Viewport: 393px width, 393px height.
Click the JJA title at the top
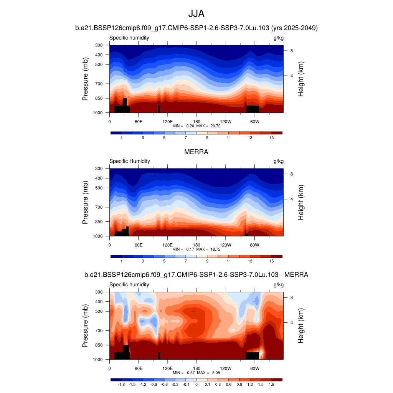[x=196, y=14]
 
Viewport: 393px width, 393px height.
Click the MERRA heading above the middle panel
[x=196, y=152]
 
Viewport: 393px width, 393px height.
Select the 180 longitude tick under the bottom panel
[x=196, y=368]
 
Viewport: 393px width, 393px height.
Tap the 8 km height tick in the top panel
[x=292, y=51]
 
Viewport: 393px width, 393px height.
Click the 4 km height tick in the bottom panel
[x=292, y=322]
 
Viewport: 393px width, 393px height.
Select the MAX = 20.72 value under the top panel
[x=209, y=126]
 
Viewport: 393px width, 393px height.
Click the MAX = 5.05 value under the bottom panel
[x=209, y=373]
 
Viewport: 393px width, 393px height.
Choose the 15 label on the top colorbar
[x=271, y=137]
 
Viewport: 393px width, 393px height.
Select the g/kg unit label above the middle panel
[x=278, y=161]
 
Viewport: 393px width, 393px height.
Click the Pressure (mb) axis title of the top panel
[x=85, y=79]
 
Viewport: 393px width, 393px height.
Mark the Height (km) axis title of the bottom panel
[x=301, y=326]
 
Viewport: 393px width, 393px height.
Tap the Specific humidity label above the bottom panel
[x=129, y=284]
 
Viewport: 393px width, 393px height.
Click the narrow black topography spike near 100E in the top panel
[x=159, y=109]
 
